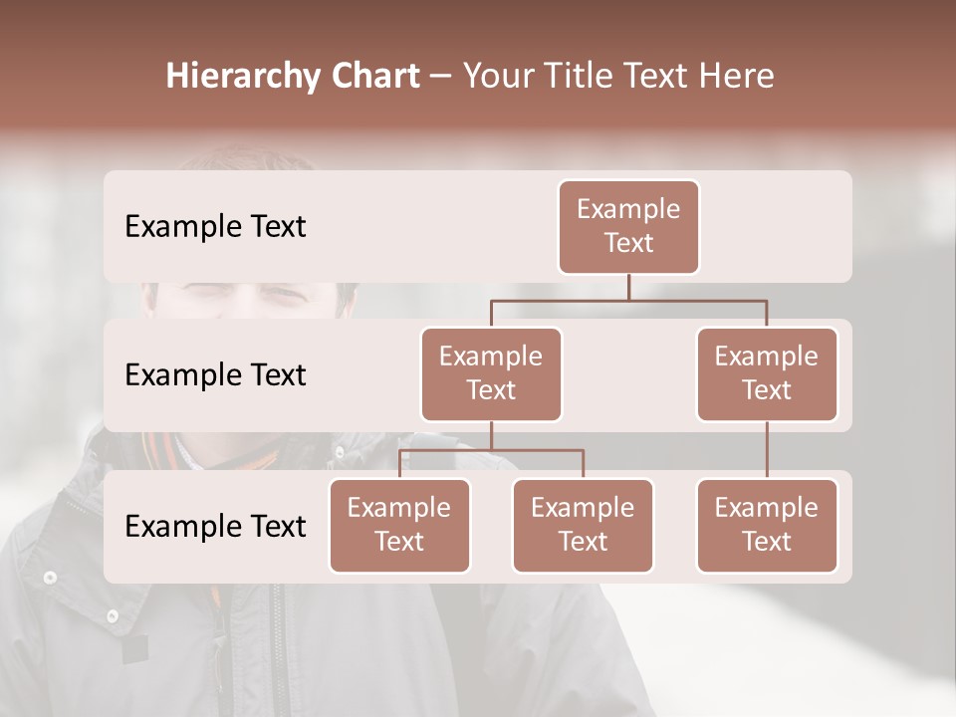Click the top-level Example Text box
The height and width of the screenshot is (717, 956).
click(628, 227)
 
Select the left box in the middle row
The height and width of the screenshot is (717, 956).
click(491, 374)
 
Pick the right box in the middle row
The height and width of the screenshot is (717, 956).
click(767, 374)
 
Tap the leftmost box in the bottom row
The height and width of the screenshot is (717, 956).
click(399, 526)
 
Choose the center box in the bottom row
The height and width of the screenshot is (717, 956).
click(583, 526)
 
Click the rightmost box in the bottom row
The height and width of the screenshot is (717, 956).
click(767, 526)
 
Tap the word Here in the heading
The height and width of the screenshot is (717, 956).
click(737, 77)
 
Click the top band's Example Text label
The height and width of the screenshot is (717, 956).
click(215, 227)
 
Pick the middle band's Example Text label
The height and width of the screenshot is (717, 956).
click(215, 375)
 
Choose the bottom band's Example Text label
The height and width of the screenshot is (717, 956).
click(215, 527)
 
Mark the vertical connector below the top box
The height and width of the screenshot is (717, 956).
click(628, 287)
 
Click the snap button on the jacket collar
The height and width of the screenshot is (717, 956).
click(50, 577)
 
